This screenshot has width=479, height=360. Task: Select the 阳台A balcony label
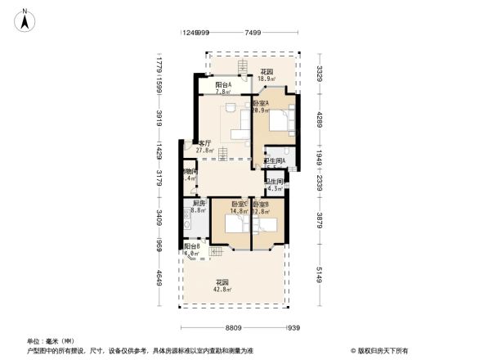[223, 84]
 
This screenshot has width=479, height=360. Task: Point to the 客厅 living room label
[204, 142]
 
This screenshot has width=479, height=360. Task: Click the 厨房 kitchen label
[199, 204]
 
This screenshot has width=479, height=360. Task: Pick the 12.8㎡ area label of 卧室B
[262, 212]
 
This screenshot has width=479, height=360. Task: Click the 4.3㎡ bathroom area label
[275, 190]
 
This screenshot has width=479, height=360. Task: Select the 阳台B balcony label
[192, 246]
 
